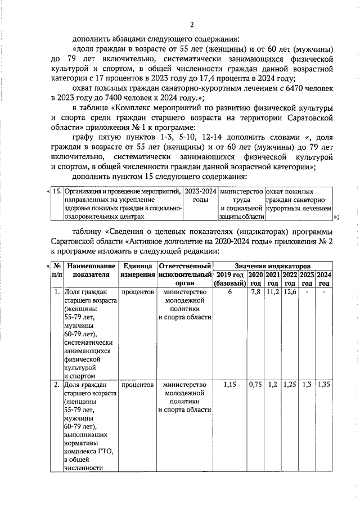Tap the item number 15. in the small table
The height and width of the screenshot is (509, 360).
57,191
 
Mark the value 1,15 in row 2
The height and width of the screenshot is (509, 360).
229,385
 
